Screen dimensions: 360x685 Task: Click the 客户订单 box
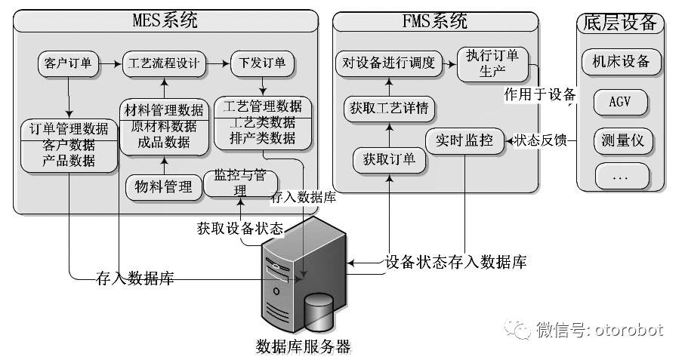coord(68,63)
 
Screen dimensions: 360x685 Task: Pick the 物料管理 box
coord(163,186)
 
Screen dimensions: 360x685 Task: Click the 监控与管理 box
coord(240,182)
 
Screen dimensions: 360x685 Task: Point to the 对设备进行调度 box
coord(388,63)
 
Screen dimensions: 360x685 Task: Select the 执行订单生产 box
coord(486,65)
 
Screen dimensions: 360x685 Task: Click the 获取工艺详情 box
coord(389,109)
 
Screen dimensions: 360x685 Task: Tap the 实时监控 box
coord(464,140)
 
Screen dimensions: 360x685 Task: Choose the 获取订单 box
coord(389,159)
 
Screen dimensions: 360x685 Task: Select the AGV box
coord(622,101)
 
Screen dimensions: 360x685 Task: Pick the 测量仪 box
coord(622,140)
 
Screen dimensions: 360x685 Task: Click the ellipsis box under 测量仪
coord(622,177)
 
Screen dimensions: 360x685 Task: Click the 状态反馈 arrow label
coord(541,140)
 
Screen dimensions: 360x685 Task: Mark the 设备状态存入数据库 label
coord(456,262)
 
